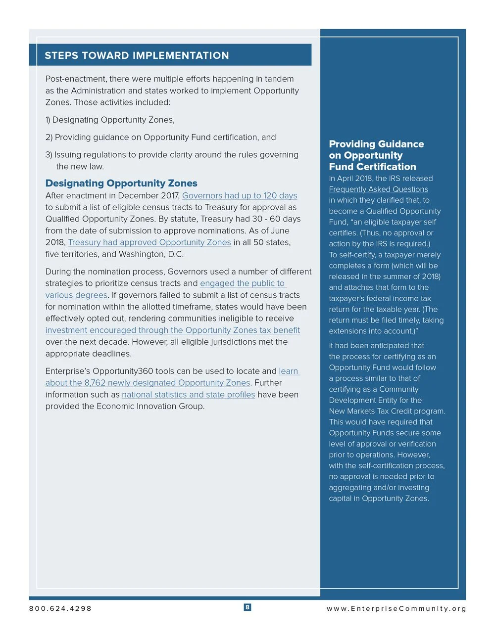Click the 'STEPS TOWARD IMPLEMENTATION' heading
pyautogui.click(x=137, y=55)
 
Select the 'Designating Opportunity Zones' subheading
pyautogui.click(x=121, y=183)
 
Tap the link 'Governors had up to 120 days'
pyautogui.click(x=240, y=195)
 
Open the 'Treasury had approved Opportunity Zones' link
pyautogui.click(x=149, y=242)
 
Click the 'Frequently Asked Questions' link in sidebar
pyautogui.click(x=378, y=189)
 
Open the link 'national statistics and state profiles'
pyautogui.click(x=188, y=395)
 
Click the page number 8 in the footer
pyautogui.click(x=247, y=607)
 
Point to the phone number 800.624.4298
pyautogui.click(x=60, y=608)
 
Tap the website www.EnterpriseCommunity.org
pyautogui.click(x=396, y=608)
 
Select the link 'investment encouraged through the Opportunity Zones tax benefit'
pyautogui.click(x=172, y=330)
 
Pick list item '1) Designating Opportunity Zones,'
pyautogui.click(x=110, y=120)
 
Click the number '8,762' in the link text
pyautogui.click(x=95, y=383)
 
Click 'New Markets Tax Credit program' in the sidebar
pyautogui.click(x=386, y=411)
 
